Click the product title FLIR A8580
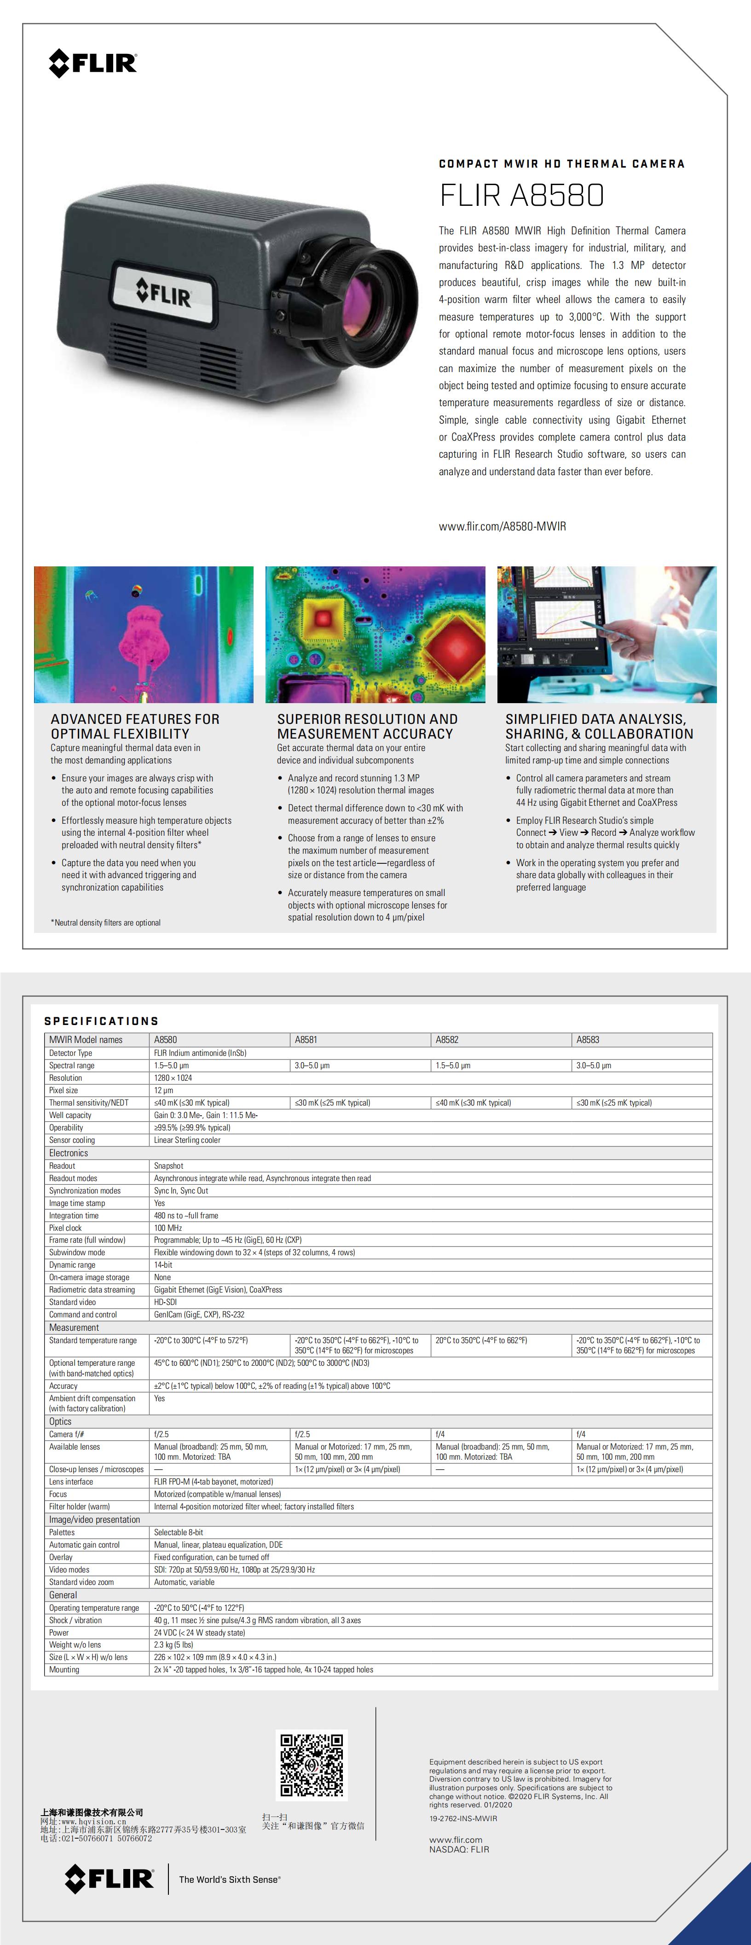[x=521, y=196]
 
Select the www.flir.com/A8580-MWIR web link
[x=502, y=526]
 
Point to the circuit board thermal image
[x=375, y=634]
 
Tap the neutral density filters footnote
[x=106, y=923]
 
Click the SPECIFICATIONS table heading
[x=101, y=1021]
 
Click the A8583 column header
[x=588, y=1040]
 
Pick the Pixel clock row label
[x=66, y=1228]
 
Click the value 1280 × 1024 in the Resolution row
[x=173, y=1077]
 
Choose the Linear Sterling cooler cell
[x=187, y=1140]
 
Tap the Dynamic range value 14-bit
[x=163, y=1265]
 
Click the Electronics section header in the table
[x=69, y=1153]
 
